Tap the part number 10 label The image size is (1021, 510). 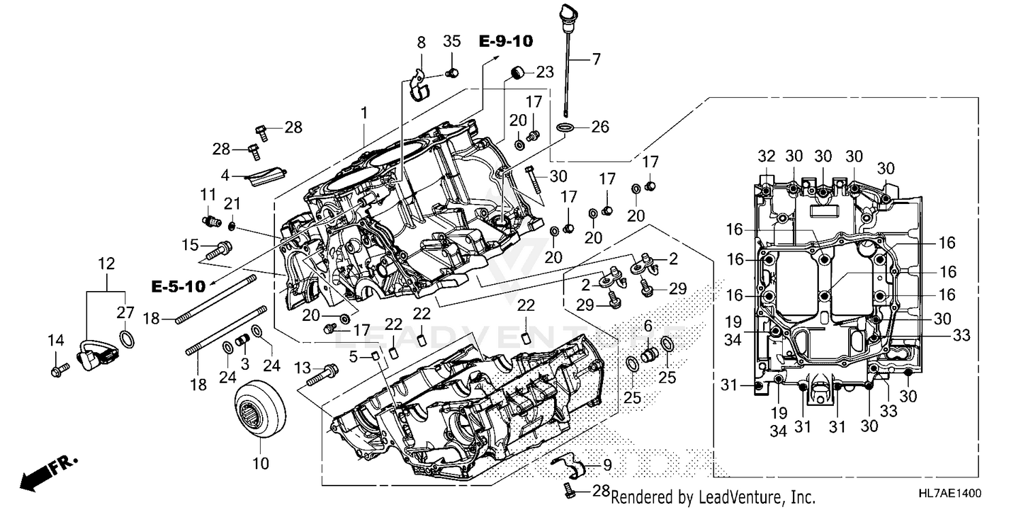pos(261,464)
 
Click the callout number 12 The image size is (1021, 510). pos(106,263)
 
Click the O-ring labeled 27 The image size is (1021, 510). pos(127,337)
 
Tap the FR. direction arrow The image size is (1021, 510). pos(48,473)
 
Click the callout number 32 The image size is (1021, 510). pos(766,155)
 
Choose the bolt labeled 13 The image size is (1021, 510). pos(323,374)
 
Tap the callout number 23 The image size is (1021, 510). pos(545,72)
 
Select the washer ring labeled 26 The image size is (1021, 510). pos(564,127)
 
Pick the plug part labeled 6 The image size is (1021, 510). pos(649,354)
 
